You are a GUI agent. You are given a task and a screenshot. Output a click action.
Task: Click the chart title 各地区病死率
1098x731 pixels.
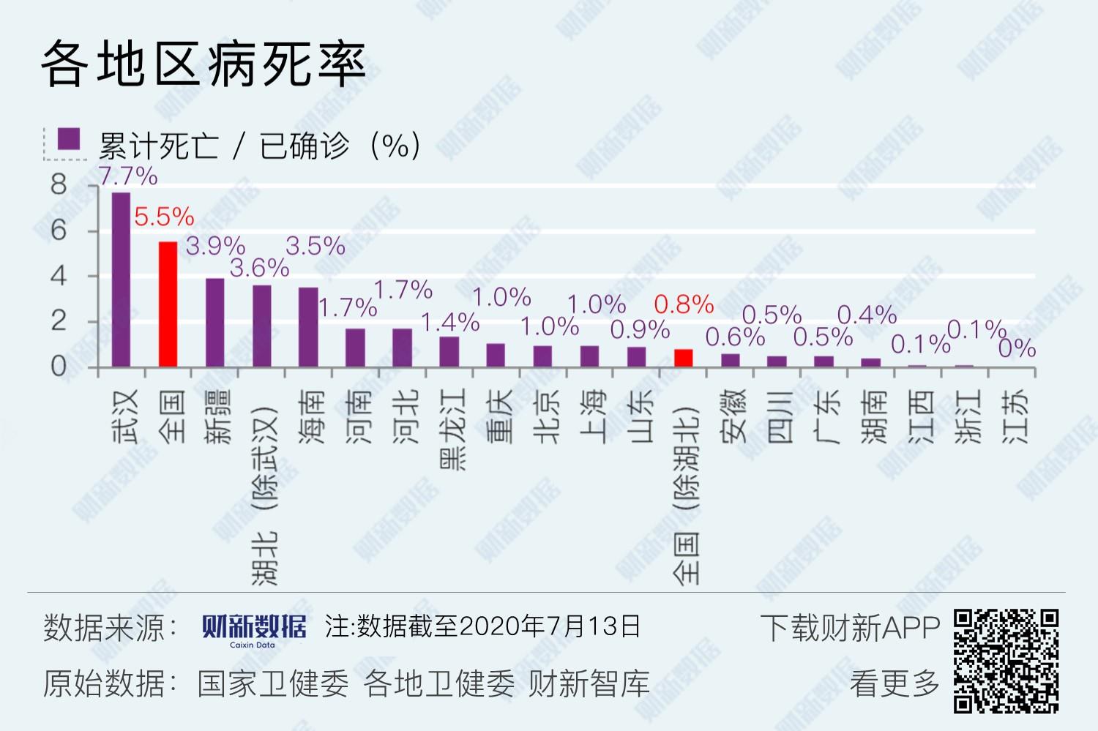coord(203,64)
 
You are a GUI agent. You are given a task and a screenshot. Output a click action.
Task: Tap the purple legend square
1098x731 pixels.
coord(69,139)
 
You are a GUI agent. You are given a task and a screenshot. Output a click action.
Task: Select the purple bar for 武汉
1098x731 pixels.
coord(121,280)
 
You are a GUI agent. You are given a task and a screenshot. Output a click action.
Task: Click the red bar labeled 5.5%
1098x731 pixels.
coord(168,304)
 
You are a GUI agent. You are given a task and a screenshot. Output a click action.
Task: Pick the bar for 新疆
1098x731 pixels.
coord(214,323)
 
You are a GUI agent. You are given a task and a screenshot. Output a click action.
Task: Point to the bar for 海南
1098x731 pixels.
coord(308,327)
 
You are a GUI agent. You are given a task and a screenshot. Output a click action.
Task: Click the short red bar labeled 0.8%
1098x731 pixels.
coord(683,358)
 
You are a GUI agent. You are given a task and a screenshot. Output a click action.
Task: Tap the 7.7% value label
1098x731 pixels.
coord(127,176)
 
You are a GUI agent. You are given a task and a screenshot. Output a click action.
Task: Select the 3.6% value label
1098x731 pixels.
coord(259,269)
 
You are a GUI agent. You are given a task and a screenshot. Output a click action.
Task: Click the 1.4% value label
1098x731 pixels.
coord(450,323)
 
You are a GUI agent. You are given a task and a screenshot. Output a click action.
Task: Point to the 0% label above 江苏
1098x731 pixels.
coord(1017,348)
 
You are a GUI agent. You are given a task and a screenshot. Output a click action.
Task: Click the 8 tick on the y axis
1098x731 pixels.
coord(59,185)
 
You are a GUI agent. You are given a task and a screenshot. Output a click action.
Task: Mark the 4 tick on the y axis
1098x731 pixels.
coord(59,277)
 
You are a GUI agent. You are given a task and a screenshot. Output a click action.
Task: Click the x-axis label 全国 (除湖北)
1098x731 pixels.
coord(686,494)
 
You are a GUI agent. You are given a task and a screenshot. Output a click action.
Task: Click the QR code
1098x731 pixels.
coord(1006,661)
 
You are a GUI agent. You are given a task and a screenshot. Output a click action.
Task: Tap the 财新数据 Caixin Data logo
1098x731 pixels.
coord(253,629)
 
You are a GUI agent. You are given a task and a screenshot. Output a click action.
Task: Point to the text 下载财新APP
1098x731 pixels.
coord(849,628)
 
